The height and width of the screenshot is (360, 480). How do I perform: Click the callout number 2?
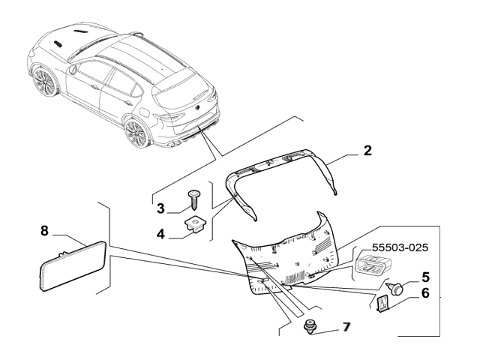[x=367, y=150]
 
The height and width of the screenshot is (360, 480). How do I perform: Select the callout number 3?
[x=160, y=207]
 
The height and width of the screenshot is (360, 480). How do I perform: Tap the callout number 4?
[x=160, y=233]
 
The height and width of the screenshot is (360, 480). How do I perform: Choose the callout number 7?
[x=346, y=327]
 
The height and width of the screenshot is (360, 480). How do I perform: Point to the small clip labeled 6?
[x=382, y=304]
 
